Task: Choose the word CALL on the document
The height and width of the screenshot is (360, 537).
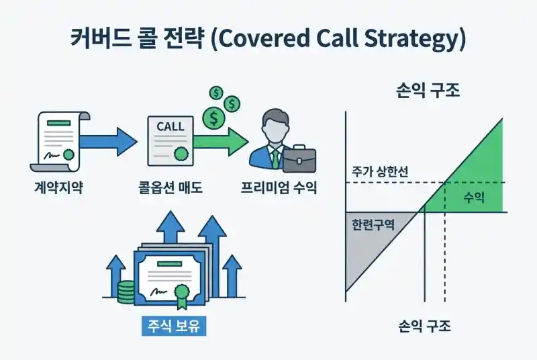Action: click(x=170, y=126)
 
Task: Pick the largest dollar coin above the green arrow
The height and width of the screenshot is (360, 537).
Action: click(x=215, y=119)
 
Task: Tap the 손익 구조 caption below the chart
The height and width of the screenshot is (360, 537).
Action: click(x=424, y=326)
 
